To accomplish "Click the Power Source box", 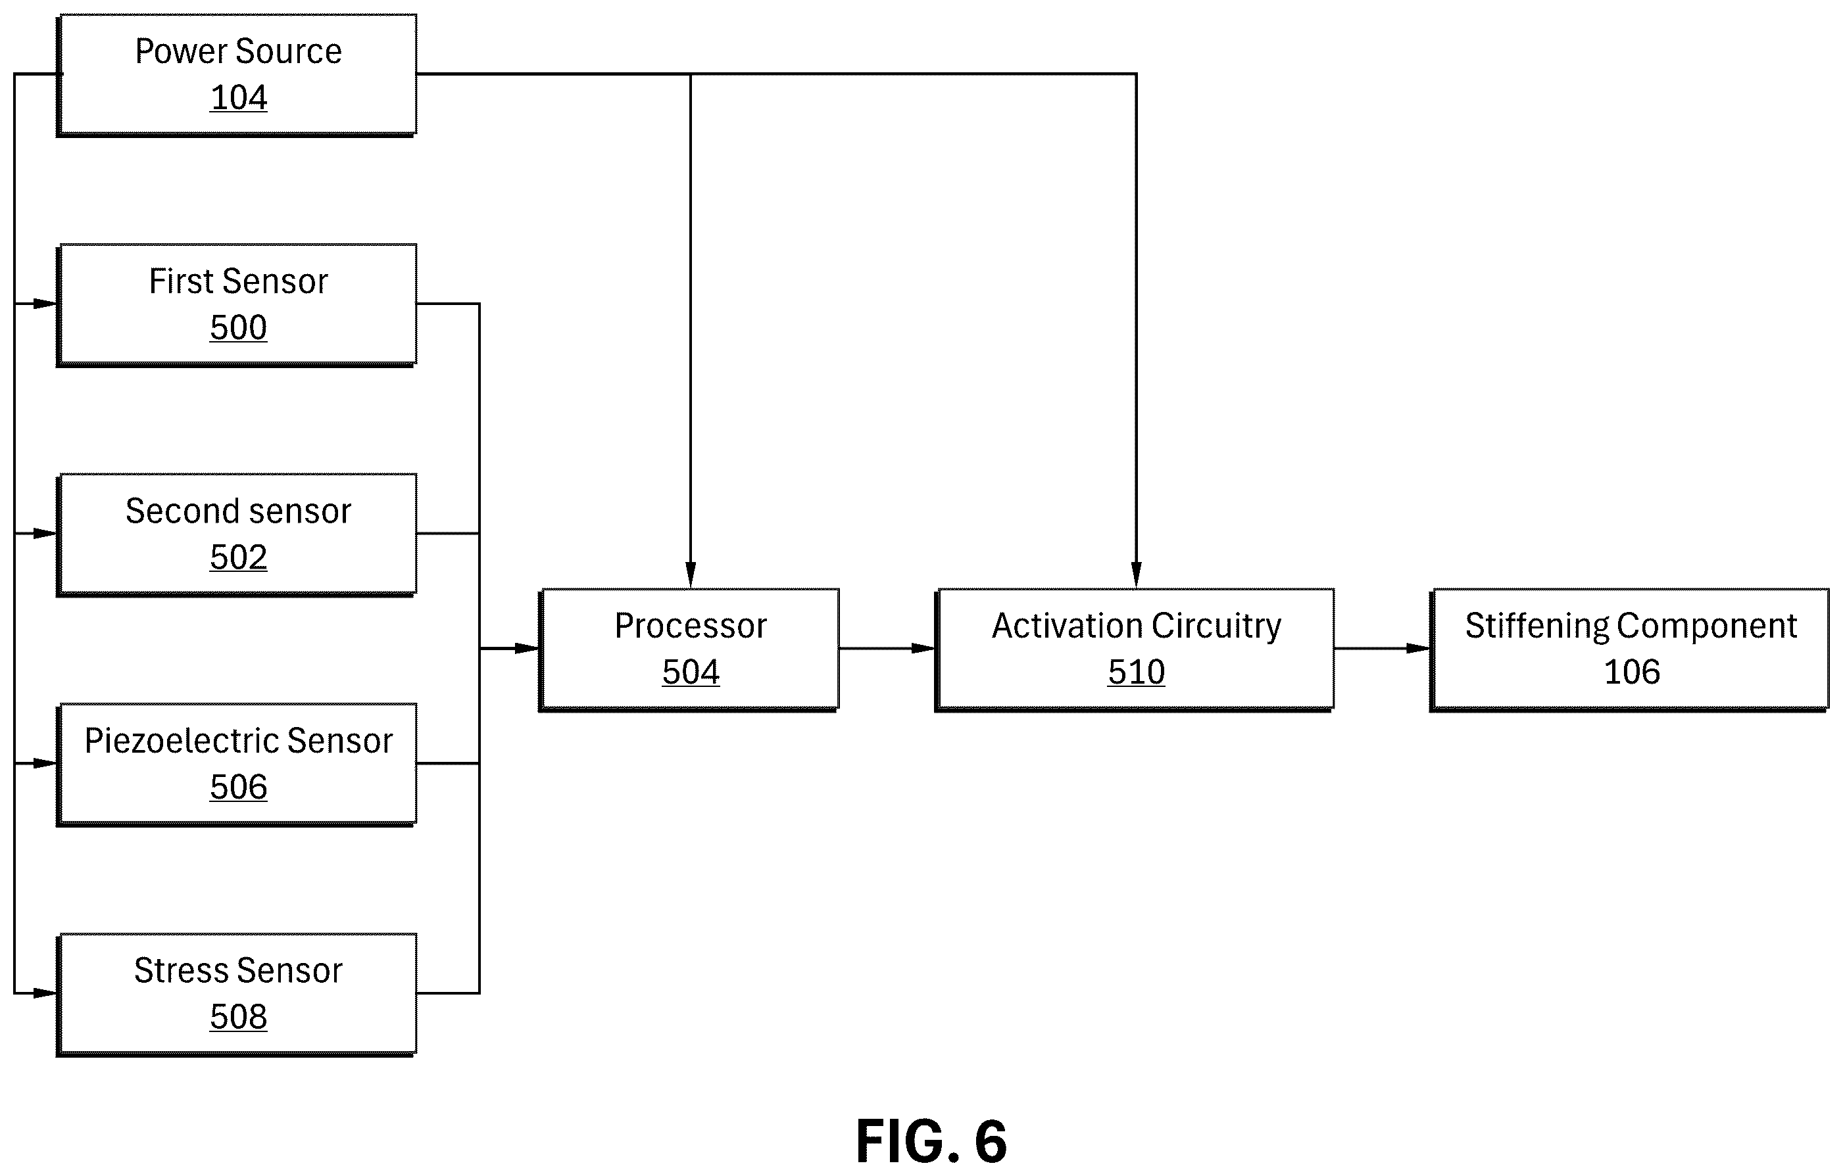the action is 237,75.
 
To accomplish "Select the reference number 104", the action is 239,98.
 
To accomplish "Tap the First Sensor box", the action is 237,305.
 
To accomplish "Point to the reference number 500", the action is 239,328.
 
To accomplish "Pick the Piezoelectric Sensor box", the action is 237,764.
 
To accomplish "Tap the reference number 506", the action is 239,788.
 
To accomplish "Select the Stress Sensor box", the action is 237,995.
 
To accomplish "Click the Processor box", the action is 689,650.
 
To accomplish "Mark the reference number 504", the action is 691,672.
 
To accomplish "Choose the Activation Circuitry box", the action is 1134,650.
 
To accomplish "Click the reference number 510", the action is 1137,672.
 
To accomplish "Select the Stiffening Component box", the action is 1629,650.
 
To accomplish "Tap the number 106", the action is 1632,672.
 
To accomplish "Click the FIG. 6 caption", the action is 931,1141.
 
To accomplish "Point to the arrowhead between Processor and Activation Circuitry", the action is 923,649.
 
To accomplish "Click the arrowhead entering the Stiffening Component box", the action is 1419,649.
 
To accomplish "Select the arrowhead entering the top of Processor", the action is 691,575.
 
